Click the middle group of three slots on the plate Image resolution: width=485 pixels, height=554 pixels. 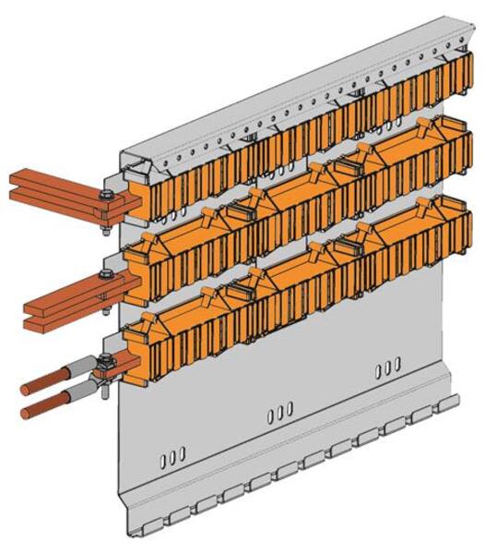pyautogui.click(x=278, y=409)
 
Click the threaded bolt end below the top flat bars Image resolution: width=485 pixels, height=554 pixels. pyautogui.click(x=108, y=222)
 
